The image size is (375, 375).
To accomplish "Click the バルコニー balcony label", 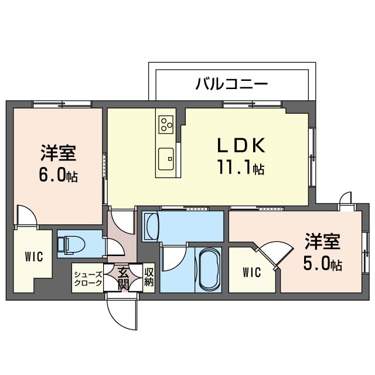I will click(x=231, y=84).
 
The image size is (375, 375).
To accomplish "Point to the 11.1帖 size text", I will click(x=240, y=169).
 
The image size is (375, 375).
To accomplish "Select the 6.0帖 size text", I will click(x=59, y=175).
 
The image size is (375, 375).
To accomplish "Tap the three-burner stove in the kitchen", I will click(x=166, y=124).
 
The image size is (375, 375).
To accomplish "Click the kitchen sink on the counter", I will click(x=166, y=156).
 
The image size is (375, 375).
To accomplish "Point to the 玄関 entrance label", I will click(x=122, y=278).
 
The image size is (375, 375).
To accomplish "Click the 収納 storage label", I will click(x=149, y=278).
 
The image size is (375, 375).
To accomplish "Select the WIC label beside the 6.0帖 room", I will click(x=33, y=257).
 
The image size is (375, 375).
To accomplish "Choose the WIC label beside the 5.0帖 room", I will click(x=252, y=272).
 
